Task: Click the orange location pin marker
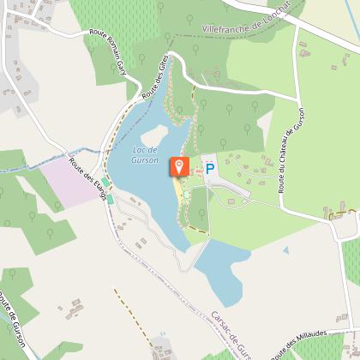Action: coord(179,165)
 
